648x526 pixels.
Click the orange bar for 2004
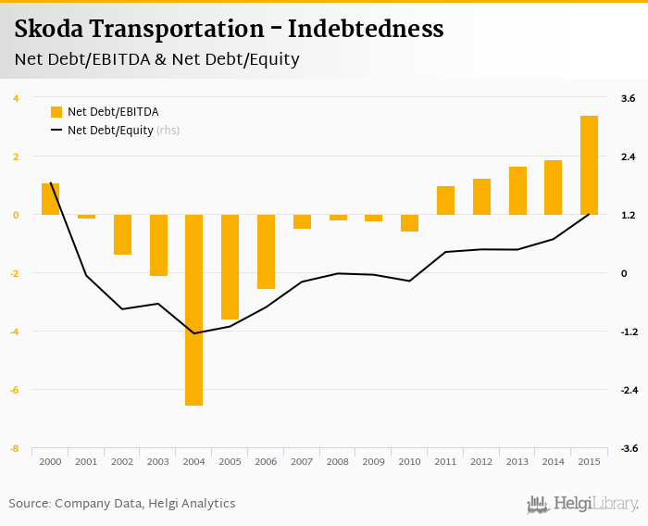[x=193, y=309]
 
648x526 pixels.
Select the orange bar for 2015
[x=589, y=165]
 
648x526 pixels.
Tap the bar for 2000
[x=50, y=199]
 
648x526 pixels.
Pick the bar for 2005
[x=230, y=267]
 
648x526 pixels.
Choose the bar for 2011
[x=445, y=200]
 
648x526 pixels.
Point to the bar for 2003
[x=158, y=245]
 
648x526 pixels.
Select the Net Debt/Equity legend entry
[x=110, y=131]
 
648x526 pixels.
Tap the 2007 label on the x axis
[x=302, y=461]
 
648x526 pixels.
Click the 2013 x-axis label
[x=517, y=461]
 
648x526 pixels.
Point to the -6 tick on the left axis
[x=15, y=390]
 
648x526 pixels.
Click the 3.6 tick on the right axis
[x=628, y=98]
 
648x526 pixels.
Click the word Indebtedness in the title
[x=366, y=29]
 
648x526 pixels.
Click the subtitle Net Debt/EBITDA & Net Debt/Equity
[x=156, y=59]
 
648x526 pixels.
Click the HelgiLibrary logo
[x=583, y=504]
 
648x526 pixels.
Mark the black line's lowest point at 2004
[x=193, y=333]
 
